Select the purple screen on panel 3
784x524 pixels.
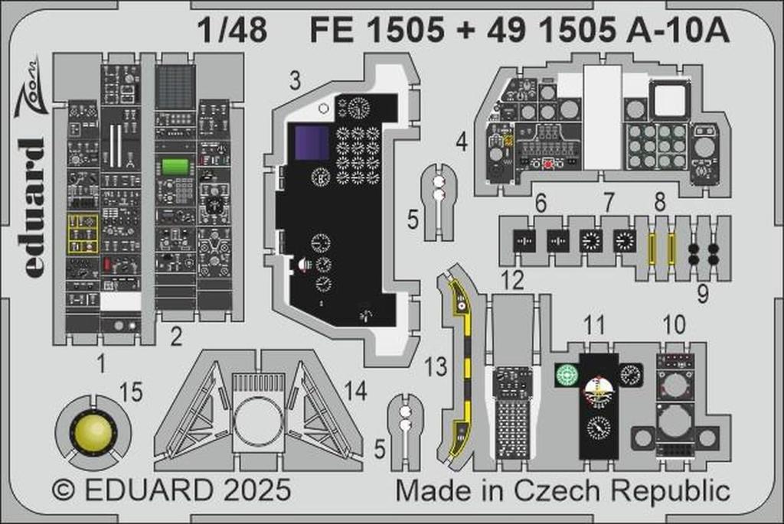(312, 143)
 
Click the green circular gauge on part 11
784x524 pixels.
(567, 374)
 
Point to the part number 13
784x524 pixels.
(436, 366)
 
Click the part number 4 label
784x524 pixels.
(461, 142)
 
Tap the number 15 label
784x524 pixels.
(132, 393)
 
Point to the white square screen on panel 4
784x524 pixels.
(670, 99)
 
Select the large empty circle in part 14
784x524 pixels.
(259, 421)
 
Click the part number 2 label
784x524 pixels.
(176, 336)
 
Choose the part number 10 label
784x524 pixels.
(674, 325)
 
